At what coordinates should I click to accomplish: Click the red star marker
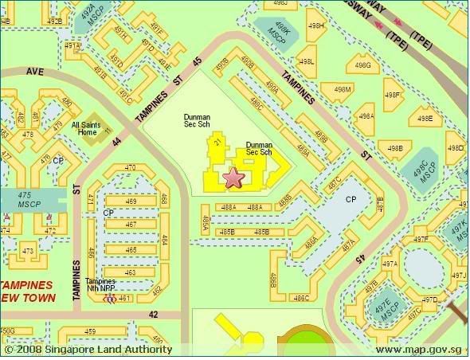pos(233,178)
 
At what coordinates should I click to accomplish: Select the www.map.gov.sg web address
pos(418,350)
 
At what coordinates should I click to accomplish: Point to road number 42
pos(153,315)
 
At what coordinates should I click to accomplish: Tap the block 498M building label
pos(343,89)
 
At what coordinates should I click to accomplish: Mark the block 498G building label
pos(363,65)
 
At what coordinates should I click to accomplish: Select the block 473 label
pos(28,252)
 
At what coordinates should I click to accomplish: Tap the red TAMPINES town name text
pos(27,284)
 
